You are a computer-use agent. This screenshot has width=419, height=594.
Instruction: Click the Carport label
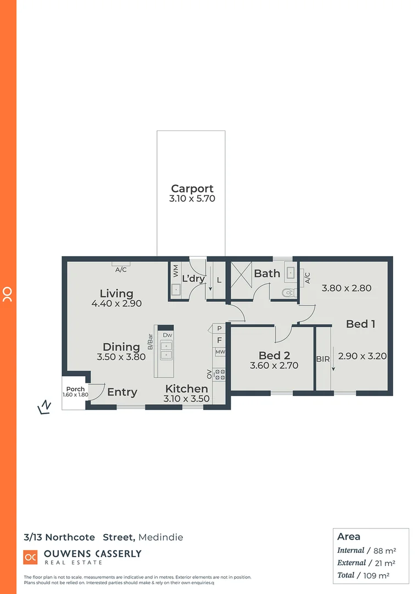coord(192,188)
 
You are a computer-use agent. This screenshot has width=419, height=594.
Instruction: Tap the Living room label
coord(116,293)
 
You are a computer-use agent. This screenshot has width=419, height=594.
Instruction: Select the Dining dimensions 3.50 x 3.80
coord(121,356)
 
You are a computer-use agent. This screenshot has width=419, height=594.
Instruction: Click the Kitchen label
coord(187,389)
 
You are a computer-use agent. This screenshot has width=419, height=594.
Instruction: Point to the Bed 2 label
coord(274,355)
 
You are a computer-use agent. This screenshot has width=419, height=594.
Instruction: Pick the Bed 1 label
coord(360,324)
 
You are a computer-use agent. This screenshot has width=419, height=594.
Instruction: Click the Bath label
coord(267,273)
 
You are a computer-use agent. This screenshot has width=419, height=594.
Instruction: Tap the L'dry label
coord(193,278)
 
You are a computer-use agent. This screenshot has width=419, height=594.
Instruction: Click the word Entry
coord(122,392)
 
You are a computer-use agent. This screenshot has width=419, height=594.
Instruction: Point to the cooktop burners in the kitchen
coord(220,375)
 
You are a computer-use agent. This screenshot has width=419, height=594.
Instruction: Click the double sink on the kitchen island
coord(166,350)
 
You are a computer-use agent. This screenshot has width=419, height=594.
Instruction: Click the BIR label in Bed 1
coord(323,359)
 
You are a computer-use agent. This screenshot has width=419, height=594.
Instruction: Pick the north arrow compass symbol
coord(44,407)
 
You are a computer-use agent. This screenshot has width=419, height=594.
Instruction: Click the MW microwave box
coord(220,352)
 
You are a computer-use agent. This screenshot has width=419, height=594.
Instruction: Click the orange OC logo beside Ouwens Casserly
coord(30,557)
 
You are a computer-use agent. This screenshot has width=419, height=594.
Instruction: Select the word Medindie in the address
coord(161,537)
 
